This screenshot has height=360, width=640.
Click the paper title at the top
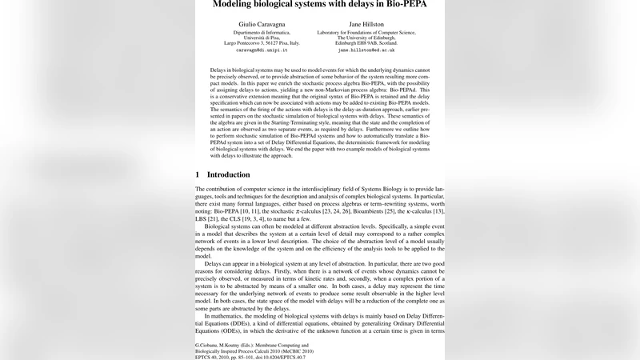(x=320, y=4)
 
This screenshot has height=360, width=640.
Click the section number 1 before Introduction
(x=198, y=174)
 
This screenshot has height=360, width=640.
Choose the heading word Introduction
(x=228, y=174)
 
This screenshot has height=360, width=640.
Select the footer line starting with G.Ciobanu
(x=253, y=345)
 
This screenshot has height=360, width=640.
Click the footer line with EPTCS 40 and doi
(x=250, y=357)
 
